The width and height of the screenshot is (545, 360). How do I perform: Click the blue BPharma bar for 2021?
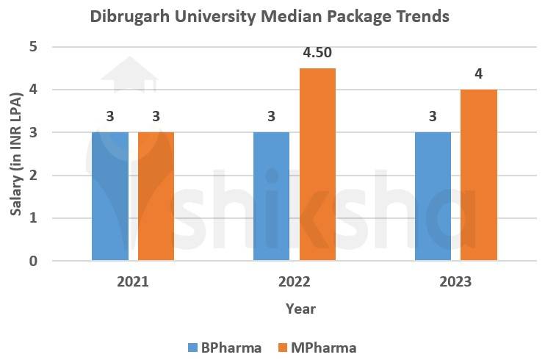point(110,196)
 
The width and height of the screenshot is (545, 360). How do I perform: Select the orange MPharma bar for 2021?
point(156,196)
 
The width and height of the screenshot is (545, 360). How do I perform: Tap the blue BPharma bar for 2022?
point(271,196)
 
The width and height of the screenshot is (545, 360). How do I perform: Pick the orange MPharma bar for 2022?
point(317,165)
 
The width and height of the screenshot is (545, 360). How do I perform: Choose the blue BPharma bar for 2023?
point(433,196)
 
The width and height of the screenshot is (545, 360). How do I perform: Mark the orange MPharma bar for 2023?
point(479,175)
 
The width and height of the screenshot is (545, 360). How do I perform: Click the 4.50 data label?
point(317,53)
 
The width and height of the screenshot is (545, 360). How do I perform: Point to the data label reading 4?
point(479,74)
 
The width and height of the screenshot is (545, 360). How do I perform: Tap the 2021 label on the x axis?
point(133,281)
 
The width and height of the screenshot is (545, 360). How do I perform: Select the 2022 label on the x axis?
point(295,281)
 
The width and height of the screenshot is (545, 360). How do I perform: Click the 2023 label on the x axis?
point(456,281)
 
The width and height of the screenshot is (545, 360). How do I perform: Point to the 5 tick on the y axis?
point(34,48)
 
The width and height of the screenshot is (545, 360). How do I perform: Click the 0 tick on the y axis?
point(34,261)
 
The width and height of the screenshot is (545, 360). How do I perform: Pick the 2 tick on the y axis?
point(34,176)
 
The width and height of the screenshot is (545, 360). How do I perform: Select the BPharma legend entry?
point(223,347)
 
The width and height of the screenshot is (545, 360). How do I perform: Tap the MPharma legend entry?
point(318,347)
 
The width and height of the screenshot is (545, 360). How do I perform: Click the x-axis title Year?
point(300,309)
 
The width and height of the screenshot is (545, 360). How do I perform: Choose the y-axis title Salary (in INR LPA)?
point(15,154)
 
